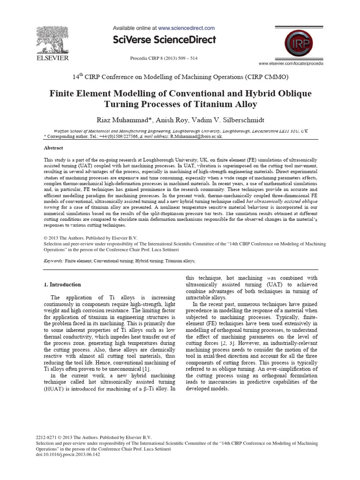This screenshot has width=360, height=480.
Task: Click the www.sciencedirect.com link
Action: (x=186, y=28)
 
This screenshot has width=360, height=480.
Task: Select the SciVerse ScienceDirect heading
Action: (x=164, y=39)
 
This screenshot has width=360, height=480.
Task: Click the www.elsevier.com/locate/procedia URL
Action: (x=291, y=63)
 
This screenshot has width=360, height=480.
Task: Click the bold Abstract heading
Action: (x=54, y=147)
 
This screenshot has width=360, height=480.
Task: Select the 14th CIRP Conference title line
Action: (x=180, y=76)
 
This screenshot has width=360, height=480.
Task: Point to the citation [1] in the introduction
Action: (x=147, y=370)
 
